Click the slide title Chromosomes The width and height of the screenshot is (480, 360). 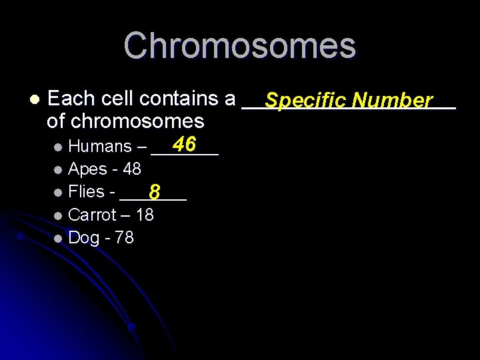pyautogui.click(x=239, y=45)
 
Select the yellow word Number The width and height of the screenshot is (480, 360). pyautogui.click(x=393, y=101)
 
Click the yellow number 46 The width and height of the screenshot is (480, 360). pyautogui.click(x=183, y=144)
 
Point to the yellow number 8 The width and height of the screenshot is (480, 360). pyautogui.click(x=154, y=193)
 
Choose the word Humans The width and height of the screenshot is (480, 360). pyautogui.click(x=100, y=147)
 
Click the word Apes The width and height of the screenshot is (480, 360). pyautogui.click(x=88, y=169)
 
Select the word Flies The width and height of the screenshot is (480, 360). pyautogui.click(x=87, y=192)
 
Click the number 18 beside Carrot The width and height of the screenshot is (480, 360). pyautogui.click(x=144, y=215)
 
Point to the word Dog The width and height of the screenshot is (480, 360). pyautogui.click(x=84, y=238)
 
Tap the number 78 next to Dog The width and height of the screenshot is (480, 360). pyautogui.click(x=124, y=237)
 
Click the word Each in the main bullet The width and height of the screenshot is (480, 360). pyautogui.click(x=71, y=99)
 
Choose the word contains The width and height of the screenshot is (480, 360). pyautogui.click(x=179, y=99)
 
